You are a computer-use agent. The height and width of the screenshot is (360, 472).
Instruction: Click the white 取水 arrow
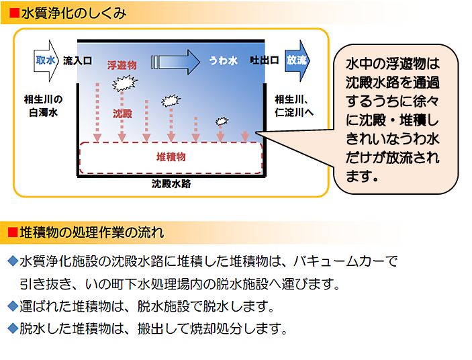click(x=46, y=61)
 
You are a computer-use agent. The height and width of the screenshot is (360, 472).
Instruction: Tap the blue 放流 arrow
click(x=297, y=61)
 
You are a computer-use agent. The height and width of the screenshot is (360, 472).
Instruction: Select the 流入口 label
click(x=77, y=61)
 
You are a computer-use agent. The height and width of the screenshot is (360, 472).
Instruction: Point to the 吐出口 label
click(x=265, y=60)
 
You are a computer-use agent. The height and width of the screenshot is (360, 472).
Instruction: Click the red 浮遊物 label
click(x=122, y=65)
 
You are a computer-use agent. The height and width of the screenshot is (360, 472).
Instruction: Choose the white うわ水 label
click(x=224, y=60)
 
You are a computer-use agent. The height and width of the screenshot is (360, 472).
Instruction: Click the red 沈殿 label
click(x=122, y=114)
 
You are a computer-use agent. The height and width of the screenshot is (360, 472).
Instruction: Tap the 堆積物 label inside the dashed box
click(x=171, y=156)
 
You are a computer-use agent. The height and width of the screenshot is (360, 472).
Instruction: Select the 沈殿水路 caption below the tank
click(x=171, y=183)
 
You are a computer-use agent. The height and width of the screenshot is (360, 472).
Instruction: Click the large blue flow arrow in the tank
click(x=175, y=62)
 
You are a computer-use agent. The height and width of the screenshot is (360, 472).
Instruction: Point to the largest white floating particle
click(x=125, y=83)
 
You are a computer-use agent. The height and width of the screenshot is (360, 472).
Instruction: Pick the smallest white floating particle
click(x=222, y=121)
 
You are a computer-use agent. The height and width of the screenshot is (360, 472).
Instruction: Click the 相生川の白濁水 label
click(x=44, y=105)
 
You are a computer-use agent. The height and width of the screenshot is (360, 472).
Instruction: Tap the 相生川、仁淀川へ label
click(x=294, y=105)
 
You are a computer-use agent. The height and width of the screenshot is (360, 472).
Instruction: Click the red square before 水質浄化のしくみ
click(x=15, y=13)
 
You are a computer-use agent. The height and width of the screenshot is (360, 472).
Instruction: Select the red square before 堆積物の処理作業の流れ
click(x=13, y=232)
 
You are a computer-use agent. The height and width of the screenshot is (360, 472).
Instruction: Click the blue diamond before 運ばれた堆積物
click(x=13, y=306)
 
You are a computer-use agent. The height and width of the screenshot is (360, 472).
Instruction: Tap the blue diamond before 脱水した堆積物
click(x=13, y=328)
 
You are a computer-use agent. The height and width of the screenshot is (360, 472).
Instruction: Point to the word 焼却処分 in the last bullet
click(x=216, y=328)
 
